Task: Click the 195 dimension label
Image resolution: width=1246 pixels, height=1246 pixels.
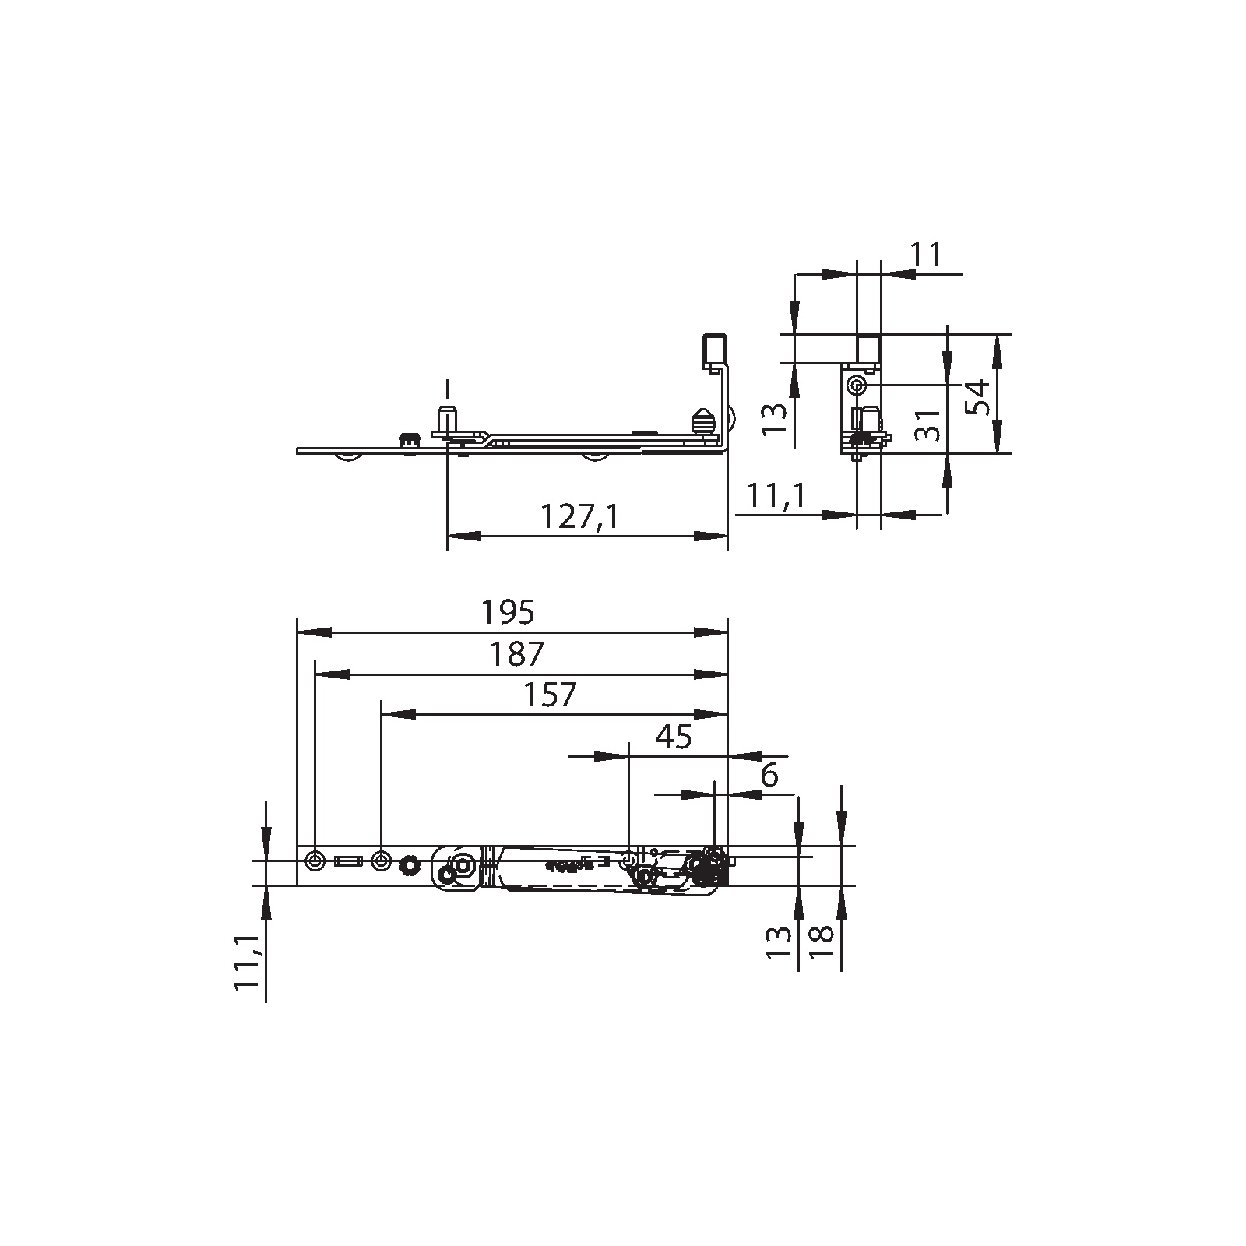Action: click(508, 613)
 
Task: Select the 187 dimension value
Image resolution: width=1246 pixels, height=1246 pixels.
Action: click(516, 654)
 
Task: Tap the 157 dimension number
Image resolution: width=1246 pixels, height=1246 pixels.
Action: click(550, 695)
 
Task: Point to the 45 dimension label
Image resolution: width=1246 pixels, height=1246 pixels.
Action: click(674, 737)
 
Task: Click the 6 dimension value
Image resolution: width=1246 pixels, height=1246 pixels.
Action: click(769, 776)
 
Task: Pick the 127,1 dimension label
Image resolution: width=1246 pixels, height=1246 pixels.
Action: click(579, 516)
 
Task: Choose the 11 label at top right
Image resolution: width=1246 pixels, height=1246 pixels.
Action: click(926, 255)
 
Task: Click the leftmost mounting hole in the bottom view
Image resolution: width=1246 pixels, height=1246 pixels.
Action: click(315, 861)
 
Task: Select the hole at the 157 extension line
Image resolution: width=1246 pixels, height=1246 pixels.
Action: click(382, 861)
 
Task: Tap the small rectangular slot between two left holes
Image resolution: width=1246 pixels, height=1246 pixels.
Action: click(347, 861)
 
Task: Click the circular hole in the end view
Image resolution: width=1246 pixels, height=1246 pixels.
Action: click(857, 385)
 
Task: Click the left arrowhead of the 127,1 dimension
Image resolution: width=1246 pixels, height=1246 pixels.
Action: click(463, 536)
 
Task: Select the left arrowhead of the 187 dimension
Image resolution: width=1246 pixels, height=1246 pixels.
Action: click(331, 674)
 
